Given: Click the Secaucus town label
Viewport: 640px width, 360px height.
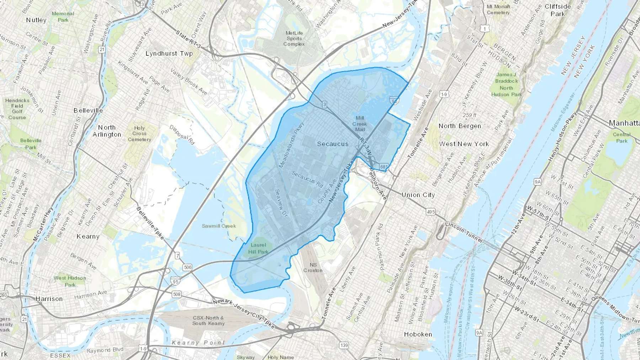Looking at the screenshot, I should (332, 144).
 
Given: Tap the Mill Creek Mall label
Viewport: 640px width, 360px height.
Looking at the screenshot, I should (359, 124).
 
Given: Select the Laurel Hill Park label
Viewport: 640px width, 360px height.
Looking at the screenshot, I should (258, 248).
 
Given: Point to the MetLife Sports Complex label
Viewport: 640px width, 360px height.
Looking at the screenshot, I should (294, 38).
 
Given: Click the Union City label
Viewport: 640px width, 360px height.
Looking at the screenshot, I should (418, 195).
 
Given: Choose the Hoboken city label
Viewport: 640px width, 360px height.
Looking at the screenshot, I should (418, 334).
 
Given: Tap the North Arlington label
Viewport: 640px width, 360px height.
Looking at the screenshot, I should (107, 131).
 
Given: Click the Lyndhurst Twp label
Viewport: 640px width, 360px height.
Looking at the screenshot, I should (169, 54).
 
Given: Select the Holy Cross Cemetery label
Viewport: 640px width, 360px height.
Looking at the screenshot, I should (139, 134).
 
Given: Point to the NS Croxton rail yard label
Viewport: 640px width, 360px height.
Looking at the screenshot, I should (313, 267).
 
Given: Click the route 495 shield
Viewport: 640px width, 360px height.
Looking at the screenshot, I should (431, 212).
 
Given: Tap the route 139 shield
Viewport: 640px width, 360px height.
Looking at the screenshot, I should (344, 345).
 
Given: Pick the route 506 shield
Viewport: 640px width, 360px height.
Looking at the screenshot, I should (187, 267).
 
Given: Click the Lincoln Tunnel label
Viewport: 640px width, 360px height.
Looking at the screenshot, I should (464, 233).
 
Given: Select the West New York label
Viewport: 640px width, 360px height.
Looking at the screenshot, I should (464, 144).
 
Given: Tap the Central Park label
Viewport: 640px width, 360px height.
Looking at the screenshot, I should (622, 138).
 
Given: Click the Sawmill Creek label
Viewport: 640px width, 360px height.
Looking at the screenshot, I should (219, 226).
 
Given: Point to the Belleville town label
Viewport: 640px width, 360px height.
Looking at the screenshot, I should (88, 111).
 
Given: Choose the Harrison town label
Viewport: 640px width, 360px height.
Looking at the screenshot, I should (49, 299).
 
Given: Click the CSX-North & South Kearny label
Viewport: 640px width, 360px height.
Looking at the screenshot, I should (208, 321).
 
